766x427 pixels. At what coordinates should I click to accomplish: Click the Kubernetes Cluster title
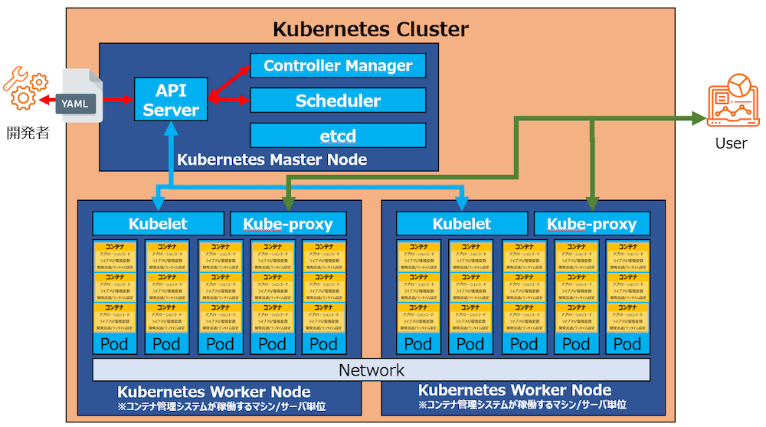[371, 30]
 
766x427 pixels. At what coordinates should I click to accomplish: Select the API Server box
[171, 100]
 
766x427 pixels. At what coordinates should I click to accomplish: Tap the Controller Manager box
[338, 66]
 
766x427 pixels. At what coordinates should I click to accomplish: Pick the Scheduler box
[338, 100]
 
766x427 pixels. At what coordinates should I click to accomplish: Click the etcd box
[338, 136]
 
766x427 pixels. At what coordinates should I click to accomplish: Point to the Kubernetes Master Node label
[272, 160]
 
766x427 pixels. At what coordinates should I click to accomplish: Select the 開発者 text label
[28, 133]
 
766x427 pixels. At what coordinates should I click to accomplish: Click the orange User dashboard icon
[732, 100]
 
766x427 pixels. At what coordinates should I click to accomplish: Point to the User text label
[731, 143]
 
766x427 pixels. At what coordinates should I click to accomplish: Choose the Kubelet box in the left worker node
[158, 224]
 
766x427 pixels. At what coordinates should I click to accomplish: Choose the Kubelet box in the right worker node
[461, 224]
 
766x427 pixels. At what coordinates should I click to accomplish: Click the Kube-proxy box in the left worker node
[288, 224]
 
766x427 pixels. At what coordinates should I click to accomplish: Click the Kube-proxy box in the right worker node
[591, 224]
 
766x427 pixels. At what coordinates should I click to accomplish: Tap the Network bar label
[371, 370]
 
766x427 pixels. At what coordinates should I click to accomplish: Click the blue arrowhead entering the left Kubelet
[159, 204]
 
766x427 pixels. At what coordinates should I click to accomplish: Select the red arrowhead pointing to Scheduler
[244, 100]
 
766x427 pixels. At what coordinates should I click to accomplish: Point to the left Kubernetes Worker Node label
[214, 393]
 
